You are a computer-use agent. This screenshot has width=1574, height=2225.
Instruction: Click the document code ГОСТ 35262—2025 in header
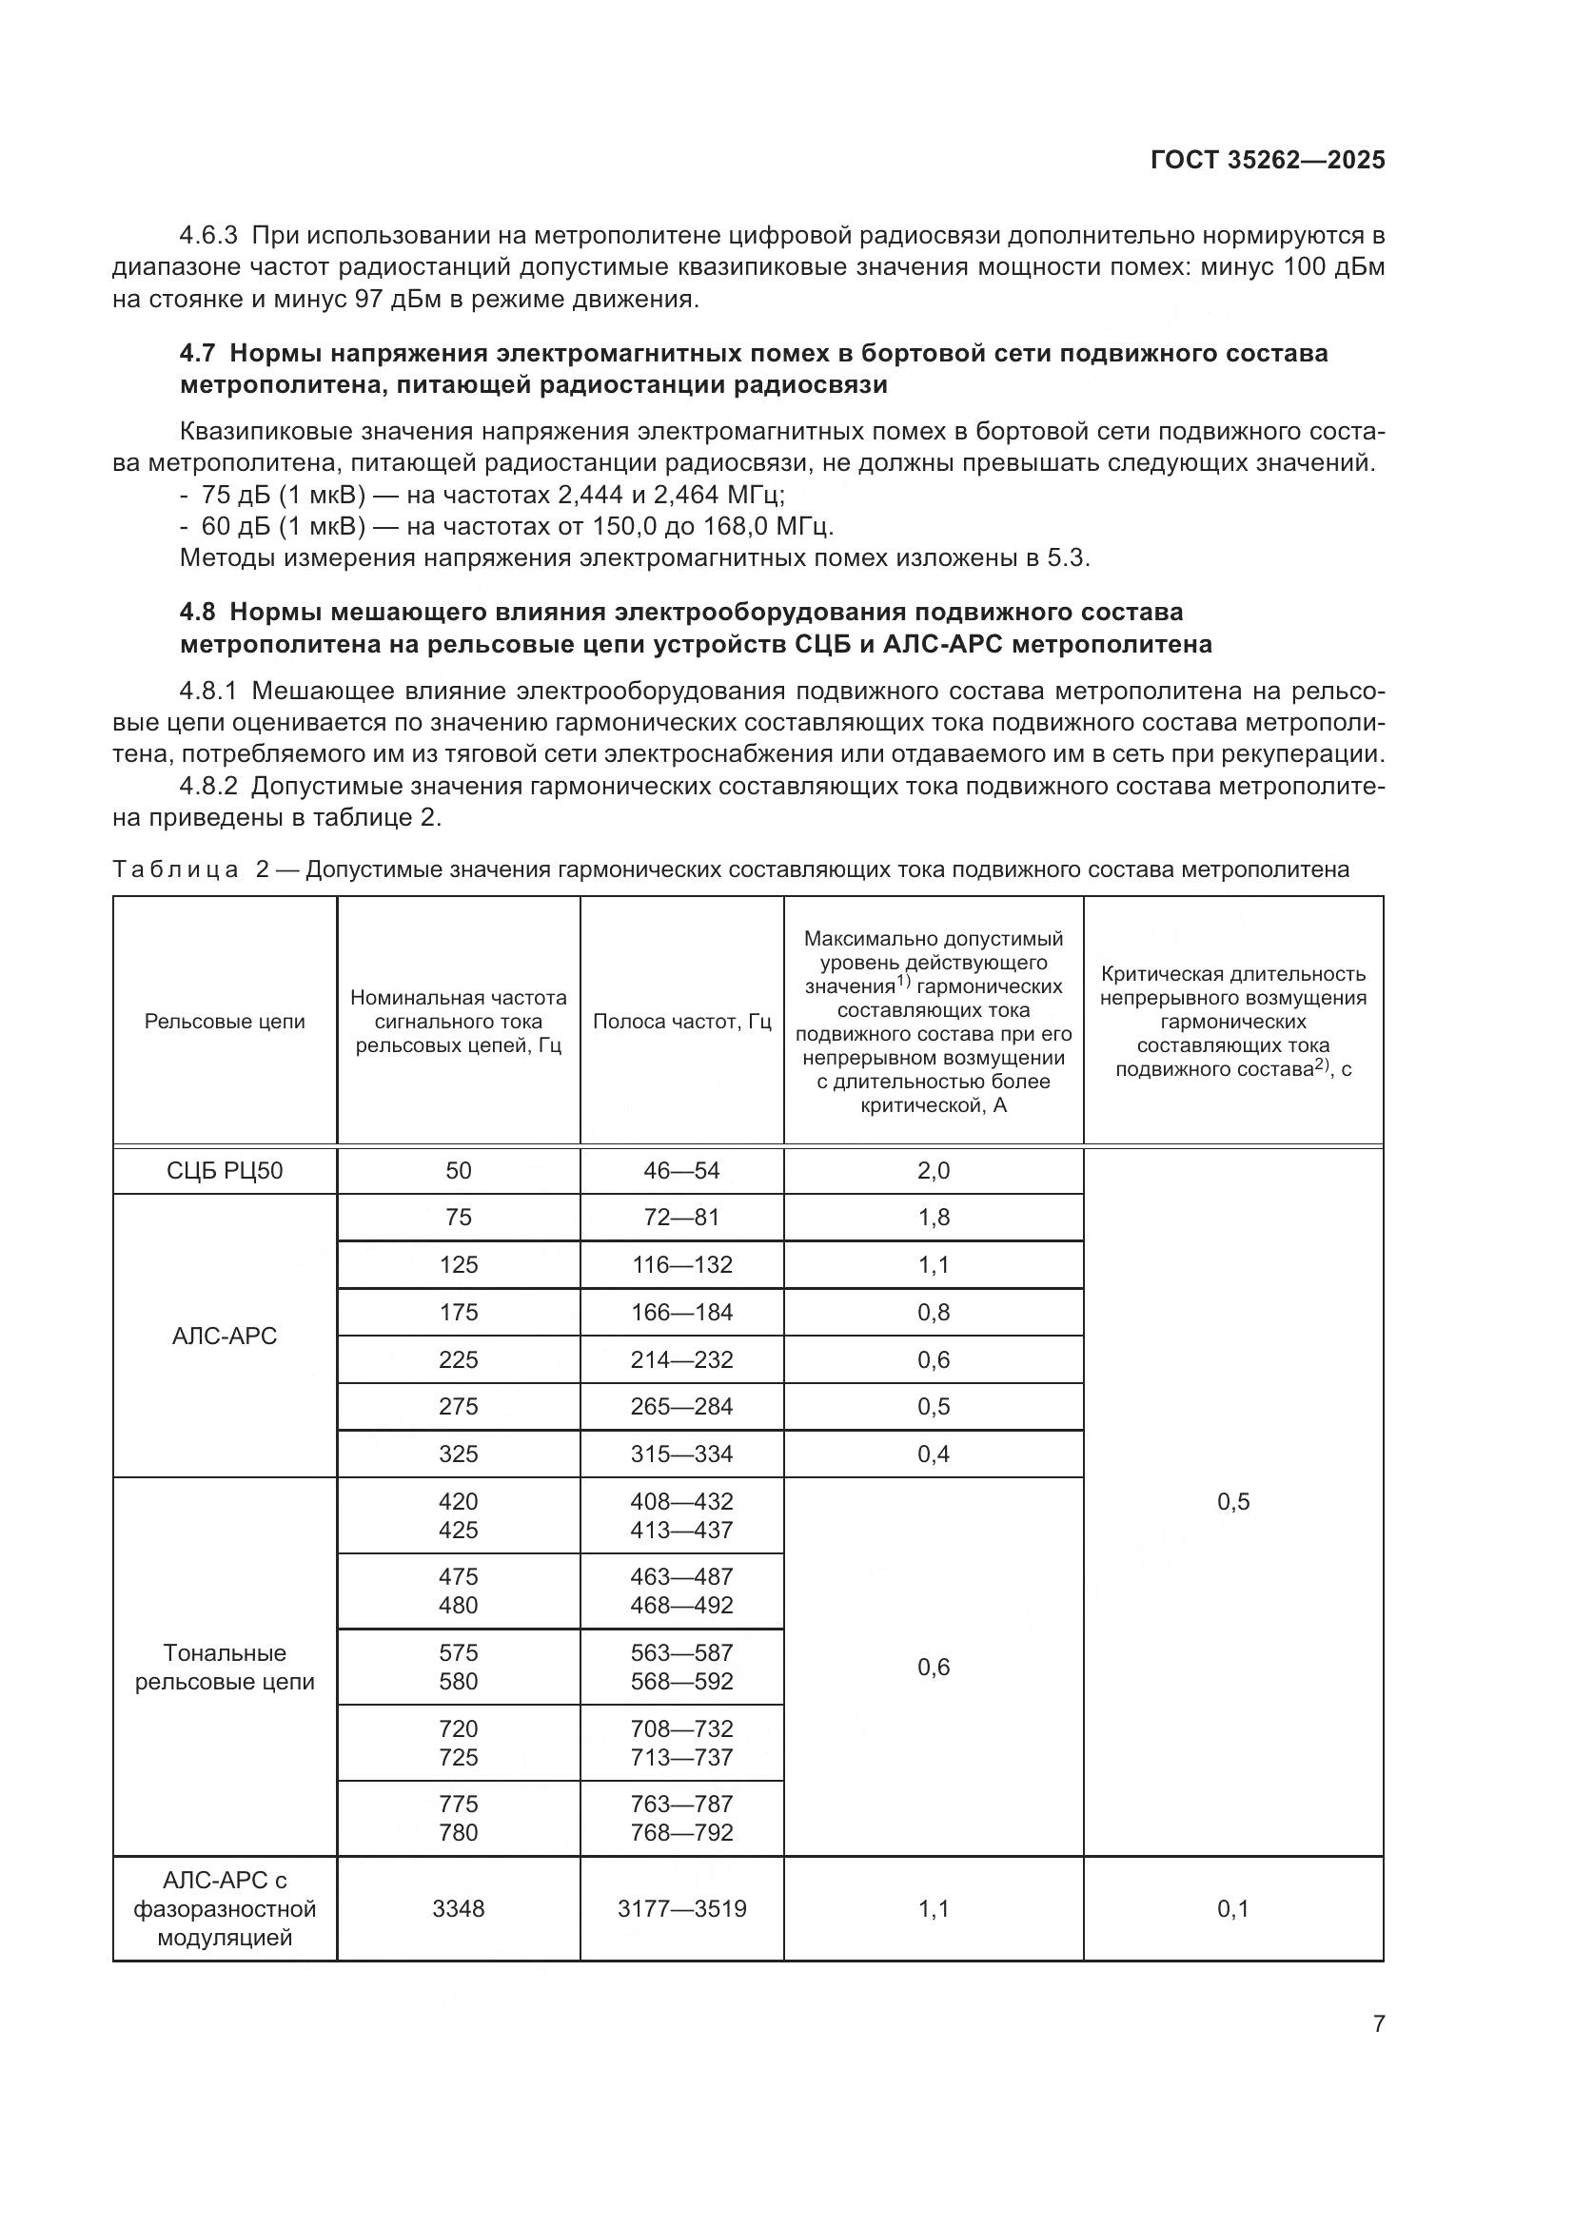[1267, 160]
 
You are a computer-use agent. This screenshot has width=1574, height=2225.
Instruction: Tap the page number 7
[1378, 2023]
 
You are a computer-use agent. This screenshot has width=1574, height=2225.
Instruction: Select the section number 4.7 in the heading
[199, 354]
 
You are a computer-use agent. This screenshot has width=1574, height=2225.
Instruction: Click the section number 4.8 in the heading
[199, 613]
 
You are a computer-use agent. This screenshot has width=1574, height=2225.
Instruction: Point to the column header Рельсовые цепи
[225, 1022]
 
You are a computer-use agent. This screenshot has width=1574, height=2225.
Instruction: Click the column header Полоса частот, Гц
[681, 1022]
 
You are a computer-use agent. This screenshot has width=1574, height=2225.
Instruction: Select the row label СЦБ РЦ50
[225, 1171]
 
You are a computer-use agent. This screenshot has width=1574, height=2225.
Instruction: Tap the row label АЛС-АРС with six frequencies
[225, 1337]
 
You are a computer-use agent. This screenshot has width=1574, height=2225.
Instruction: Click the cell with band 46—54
[681, 1171]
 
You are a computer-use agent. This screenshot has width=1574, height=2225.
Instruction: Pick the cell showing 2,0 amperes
[934, 1171]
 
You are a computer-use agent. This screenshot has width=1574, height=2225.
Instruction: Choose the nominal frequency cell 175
[459, 1312]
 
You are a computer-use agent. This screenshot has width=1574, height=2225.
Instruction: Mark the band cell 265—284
[681, 1406]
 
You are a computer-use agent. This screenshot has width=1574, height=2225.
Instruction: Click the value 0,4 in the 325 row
[934, 1454]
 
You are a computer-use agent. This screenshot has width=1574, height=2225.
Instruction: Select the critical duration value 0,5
[1232, 1502]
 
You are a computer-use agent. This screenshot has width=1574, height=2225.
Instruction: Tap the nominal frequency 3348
[459, 1909]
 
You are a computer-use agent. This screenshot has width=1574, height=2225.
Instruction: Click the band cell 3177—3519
[681, 1909]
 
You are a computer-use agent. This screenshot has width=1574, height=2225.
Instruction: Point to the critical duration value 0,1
[1232, 1909]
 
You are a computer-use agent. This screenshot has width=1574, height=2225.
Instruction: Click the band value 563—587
[681, 1653]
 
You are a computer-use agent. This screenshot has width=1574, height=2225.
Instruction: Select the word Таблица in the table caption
[175, 869]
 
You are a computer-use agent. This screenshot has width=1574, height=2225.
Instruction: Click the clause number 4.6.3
[208, 236]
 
